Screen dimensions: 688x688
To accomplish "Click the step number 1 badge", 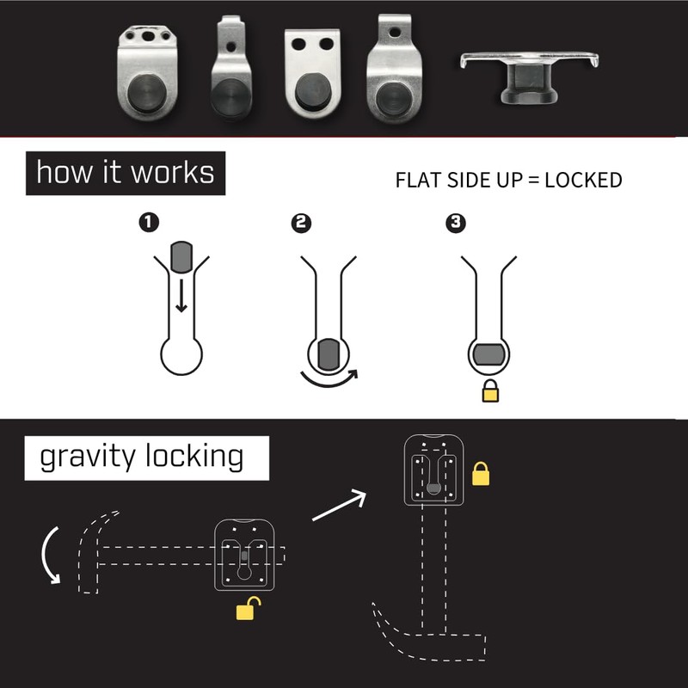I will [x=150, y=223].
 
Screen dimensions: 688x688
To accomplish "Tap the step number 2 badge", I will [x=301, y=224].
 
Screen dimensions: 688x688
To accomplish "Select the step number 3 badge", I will [x=456, y=224].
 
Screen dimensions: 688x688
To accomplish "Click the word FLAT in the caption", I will [x=415, y=181].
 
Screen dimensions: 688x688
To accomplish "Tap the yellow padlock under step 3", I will [x=491, y=391].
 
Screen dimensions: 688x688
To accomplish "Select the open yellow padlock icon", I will [x=247, y=610].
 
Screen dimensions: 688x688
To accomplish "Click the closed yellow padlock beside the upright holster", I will [x=481, y=473].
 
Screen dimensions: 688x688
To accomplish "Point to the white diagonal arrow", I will [x=339, y=507].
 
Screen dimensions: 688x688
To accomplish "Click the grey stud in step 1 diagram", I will [x=181, y=255].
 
